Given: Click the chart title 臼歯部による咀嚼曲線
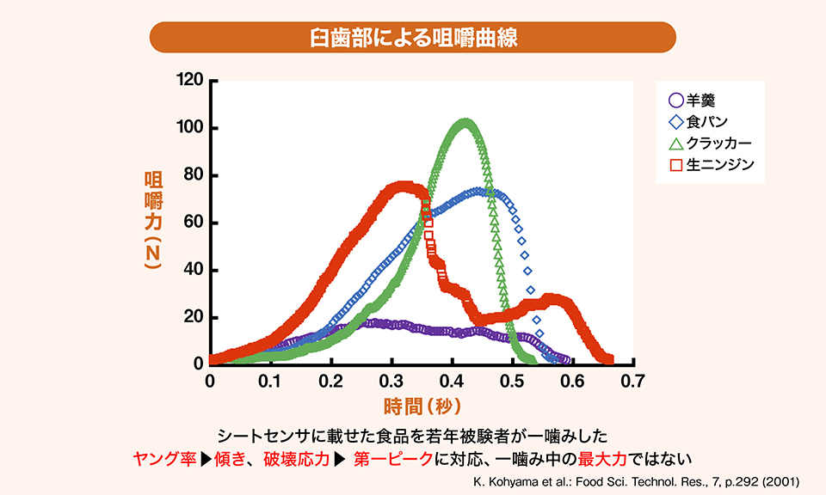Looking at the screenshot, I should [413, 39].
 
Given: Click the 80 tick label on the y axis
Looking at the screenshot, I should [194, 176].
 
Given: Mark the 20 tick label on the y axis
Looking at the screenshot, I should [194, 318].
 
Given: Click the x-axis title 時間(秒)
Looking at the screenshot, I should [422, 404].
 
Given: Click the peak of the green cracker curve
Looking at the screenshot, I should [465, 124].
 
